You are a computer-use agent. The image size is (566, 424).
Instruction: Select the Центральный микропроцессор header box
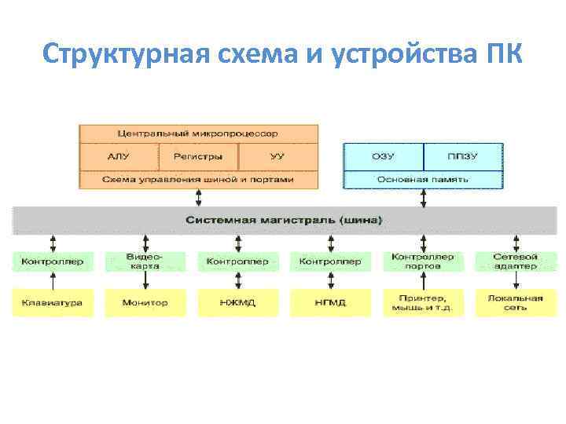(x=198, y=133)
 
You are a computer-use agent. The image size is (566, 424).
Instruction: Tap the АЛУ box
(x=119, y=156)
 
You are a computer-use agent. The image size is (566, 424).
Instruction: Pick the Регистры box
(x=198, y=156)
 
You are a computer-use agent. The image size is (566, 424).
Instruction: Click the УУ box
(x=277, y=156)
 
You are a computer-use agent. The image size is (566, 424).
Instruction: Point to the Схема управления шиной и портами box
(x=198, y=179)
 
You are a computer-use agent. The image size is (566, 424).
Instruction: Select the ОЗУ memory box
(x=383, y=156)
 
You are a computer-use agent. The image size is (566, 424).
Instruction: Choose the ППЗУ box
(x=463, y=156)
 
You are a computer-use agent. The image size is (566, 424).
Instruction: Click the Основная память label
(x=423, y=179)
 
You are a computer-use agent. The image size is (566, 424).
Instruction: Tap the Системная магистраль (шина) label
(x=284, y=220)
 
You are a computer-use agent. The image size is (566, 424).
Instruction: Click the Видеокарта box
(x=145, y=261)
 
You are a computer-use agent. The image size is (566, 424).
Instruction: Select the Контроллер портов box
(x=423, y=261)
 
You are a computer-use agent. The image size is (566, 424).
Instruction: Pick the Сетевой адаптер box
(x=515, y=261)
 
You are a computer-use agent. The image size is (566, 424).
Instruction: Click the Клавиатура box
(x=52, y=302)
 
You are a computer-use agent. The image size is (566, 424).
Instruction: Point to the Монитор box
(x=145, y=302)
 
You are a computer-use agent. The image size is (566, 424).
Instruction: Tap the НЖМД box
(x=237, y=302)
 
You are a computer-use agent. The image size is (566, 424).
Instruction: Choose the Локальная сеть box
(x=515, y=302)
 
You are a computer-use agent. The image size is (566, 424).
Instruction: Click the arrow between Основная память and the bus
(x=423, y=197)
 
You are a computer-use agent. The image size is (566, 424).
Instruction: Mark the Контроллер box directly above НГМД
(x=330, y=261)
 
